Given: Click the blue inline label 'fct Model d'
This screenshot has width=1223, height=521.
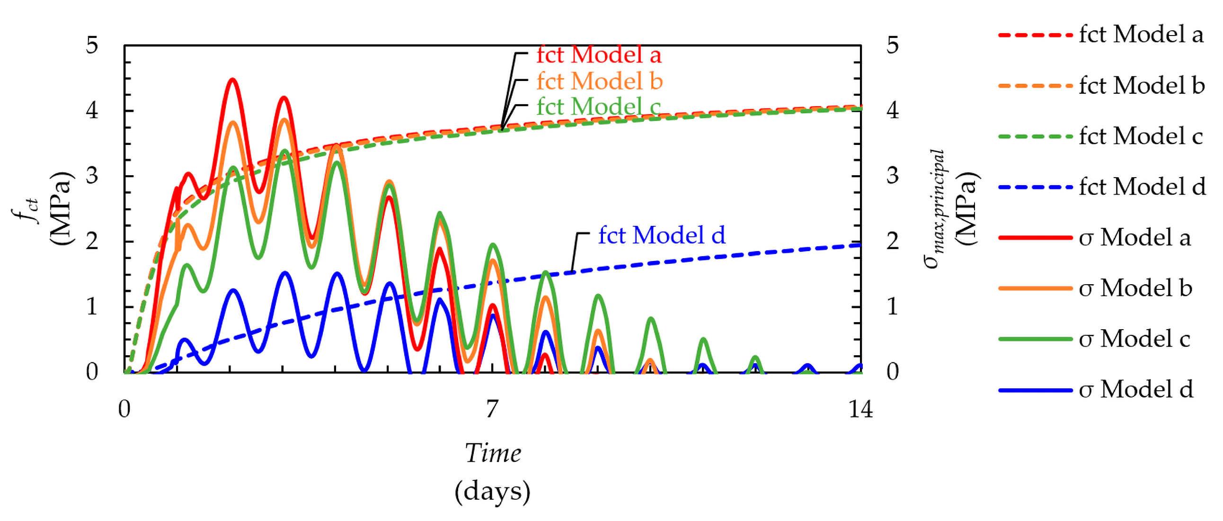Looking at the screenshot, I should click(661, 235).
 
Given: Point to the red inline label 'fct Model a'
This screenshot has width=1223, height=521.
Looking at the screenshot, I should click(599, 54).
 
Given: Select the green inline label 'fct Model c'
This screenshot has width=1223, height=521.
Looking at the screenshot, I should click(598, 106).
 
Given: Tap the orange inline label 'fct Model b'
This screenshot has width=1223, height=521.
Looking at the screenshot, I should click(599, 81).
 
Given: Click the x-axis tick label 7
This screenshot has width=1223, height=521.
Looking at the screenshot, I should click(492, 409).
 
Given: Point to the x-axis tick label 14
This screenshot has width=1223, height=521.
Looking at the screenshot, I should click(860, 409).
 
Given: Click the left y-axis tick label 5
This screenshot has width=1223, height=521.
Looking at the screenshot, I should click(92, 45).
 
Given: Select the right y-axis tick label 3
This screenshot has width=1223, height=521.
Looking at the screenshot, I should click(893, 176).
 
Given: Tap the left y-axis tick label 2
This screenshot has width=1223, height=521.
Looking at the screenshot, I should click(92, 241).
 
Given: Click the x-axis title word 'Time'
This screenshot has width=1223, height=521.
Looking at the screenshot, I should click(492, 453).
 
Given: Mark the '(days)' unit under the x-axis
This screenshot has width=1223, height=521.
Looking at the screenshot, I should click(492, 491).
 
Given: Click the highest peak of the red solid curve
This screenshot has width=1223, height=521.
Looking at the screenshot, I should click(232, 80).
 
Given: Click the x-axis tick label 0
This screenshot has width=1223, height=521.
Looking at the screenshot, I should click(124, 409).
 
